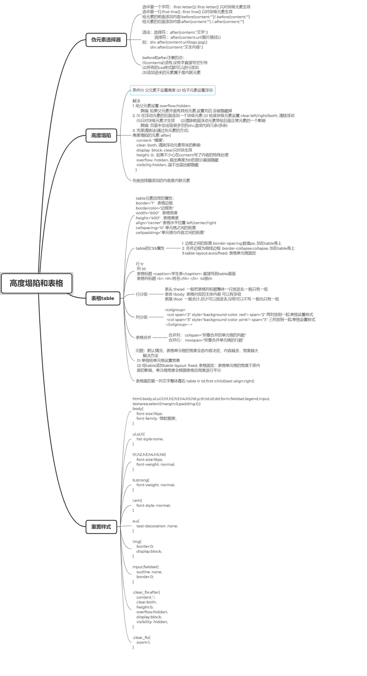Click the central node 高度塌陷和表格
pos(36,283)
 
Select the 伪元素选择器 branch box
pos(106,40)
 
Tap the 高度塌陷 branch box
pos(101,135)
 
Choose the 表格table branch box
pos(103,298)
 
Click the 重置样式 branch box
pos(101,526)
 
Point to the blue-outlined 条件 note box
pos(173,90)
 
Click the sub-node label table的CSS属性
pos(150,248)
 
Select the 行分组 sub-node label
pos(142,294)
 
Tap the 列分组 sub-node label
pos(142,317)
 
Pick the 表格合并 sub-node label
pos(143,338)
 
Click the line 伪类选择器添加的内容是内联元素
pos(161,181)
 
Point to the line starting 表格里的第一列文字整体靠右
pos(195,381)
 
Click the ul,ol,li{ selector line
pos(138,434)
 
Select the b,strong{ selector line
pos(141,480)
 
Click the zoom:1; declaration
pos(143,642)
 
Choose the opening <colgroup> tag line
pos(175,310)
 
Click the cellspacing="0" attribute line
pos(166,228)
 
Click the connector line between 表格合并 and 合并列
pos(160,338)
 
